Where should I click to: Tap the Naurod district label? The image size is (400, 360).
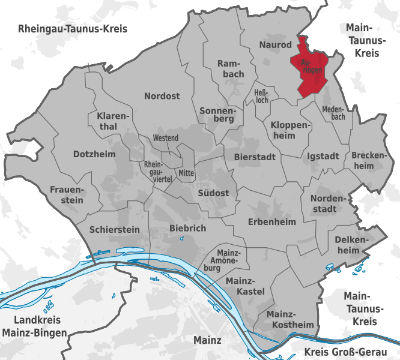(276, 45)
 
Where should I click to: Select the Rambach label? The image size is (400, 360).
(230, 68)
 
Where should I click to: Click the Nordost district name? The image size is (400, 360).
(162, 96)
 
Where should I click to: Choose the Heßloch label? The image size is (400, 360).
(261, 97)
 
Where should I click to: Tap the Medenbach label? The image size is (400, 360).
(333, 113)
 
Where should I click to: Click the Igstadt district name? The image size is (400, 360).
(323, 156)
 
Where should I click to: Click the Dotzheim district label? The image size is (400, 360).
(94, 154)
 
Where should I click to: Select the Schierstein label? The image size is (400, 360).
(114, 229)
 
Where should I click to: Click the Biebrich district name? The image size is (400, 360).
(187, 228)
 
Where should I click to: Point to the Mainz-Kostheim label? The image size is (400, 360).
(290, 319)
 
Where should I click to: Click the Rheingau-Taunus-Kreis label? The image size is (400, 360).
(73, 29)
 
